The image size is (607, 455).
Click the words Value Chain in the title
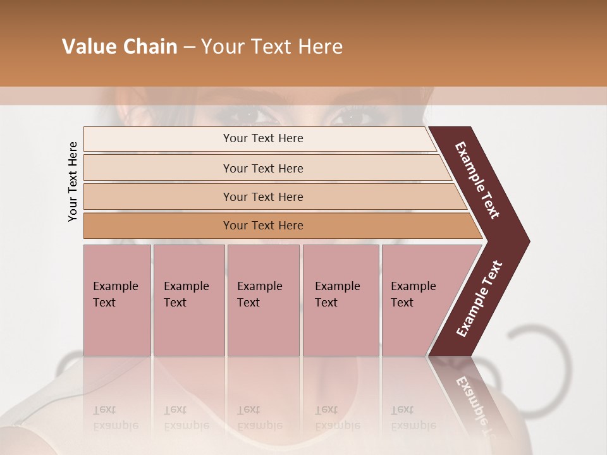point(120,47)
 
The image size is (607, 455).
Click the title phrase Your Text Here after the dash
point(272,47)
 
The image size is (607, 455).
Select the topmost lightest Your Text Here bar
point(262,138)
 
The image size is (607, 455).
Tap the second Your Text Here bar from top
point(262,168)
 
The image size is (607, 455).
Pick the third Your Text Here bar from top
point(262,197)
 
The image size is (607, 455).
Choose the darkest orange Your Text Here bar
point(262,226)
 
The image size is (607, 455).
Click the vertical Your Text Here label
point(73,182)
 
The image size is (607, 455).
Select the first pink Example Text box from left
point(117,300)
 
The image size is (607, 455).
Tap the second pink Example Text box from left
point(188,300)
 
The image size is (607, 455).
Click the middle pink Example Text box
point(263,300)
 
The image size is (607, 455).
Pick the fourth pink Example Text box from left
point(340,300)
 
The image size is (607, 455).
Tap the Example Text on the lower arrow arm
point(479,299)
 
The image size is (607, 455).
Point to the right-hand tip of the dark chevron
point(528,241)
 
